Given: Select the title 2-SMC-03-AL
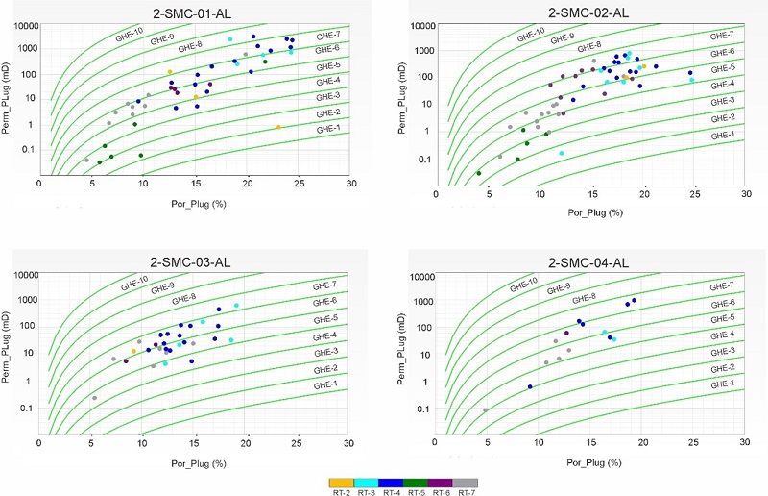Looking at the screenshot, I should coord(196,262).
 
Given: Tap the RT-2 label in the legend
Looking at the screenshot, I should coord(341,490).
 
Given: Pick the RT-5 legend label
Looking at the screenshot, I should coord(416,490).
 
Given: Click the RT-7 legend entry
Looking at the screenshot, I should coord(466,490).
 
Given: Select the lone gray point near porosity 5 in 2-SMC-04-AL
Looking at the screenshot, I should coord(486,410).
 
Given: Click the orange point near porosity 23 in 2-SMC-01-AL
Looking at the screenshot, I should coord(278,127).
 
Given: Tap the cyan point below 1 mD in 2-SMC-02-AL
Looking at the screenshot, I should coord(562,153).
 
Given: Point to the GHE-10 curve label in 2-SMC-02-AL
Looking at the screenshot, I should coord(532,37).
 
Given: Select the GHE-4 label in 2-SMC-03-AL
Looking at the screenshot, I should coord(326,335).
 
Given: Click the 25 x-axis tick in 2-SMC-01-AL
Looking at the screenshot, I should coord(300,183).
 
